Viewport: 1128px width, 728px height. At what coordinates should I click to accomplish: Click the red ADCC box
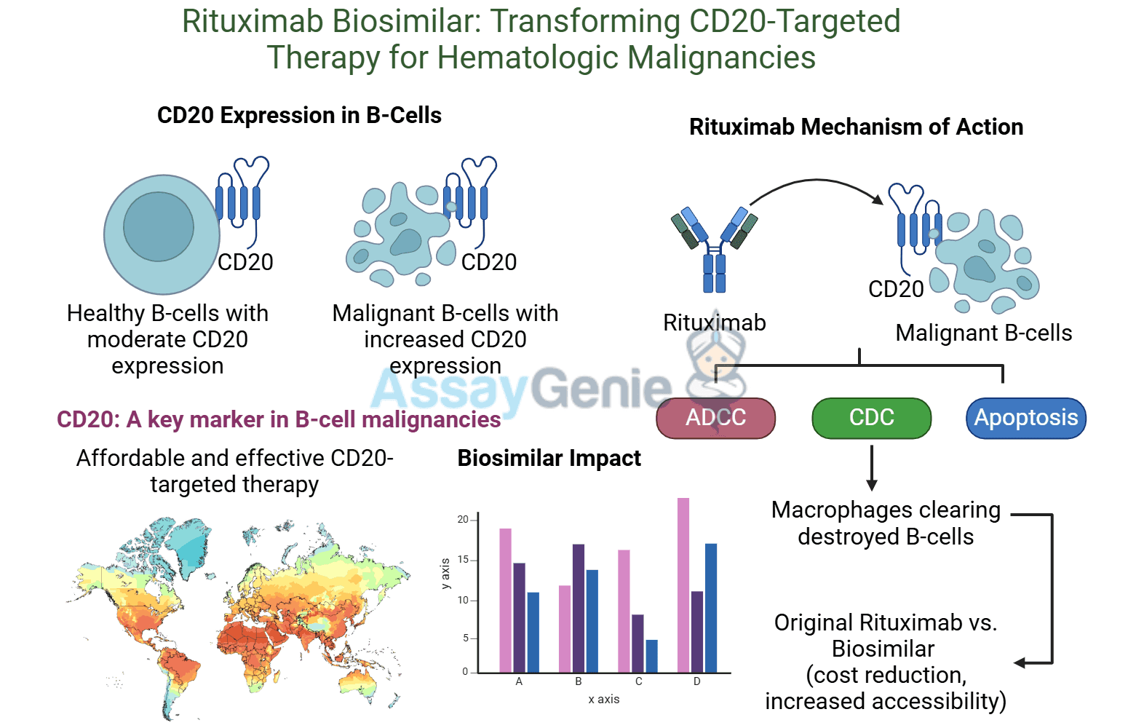pyautogui.click(x=715, y=418)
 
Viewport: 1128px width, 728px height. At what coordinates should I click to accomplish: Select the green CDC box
pyautogui.click(x=871, y=418)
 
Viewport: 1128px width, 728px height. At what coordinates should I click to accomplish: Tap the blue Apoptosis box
pyautogui.click(x=1025, y=418)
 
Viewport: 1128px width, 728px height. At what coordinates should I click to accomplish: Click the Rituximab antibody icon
pyautogui.click(x=714, y=248)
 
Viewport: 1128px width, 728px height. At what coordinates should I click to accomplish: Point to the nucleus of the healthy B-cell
pyautogui.click(x=159, y=226)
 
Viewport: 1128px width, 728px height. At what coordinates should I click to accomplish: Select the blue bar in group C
pyautogui.click(x=651, y=656)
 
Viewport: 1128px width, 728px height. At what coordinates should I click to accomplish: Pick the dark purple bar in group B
pyautogui.click(x=579, y=608)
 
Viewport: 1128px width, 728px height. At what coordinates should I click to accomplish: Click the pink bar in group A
pyautogui.click(x=505, y=600)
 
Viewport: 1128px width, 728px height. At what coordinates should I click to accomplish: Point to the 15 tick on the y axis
pyautogui.click(x=463, y=560)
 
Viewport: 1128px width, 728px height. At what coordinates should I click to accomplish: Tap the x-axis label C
pyautogui.click(x=638, y=682)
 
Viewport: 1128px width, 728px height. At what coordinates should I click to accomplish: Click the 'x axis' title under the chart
pyautogui.click(x=604, y=699)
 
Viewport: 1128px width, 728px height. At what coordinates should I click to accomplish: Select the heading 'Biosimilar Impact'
pyautogui.click(x=549, y=459)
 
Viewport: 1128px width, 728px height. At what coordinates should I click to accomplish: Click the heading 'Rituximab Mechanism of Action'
pyautogui.click(x=856, y=127)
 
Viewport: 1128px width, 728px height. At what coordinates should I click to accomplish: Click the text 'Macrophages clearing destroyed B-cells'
pyautogui.click(x=886, y=523)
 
